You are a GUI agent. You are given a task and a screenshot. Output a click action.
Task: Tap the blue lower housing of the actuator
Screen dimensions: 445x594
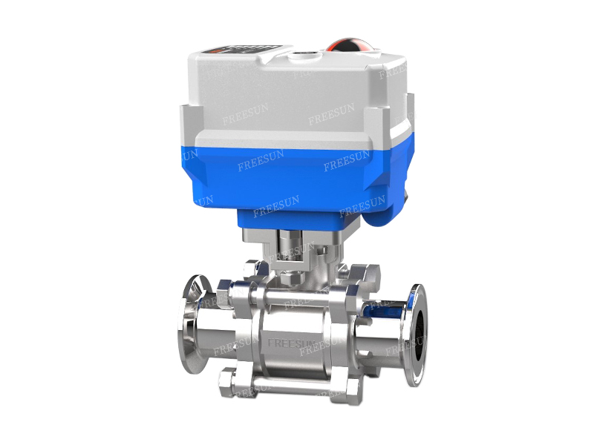pyautogui.click(x=297, y=178)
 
